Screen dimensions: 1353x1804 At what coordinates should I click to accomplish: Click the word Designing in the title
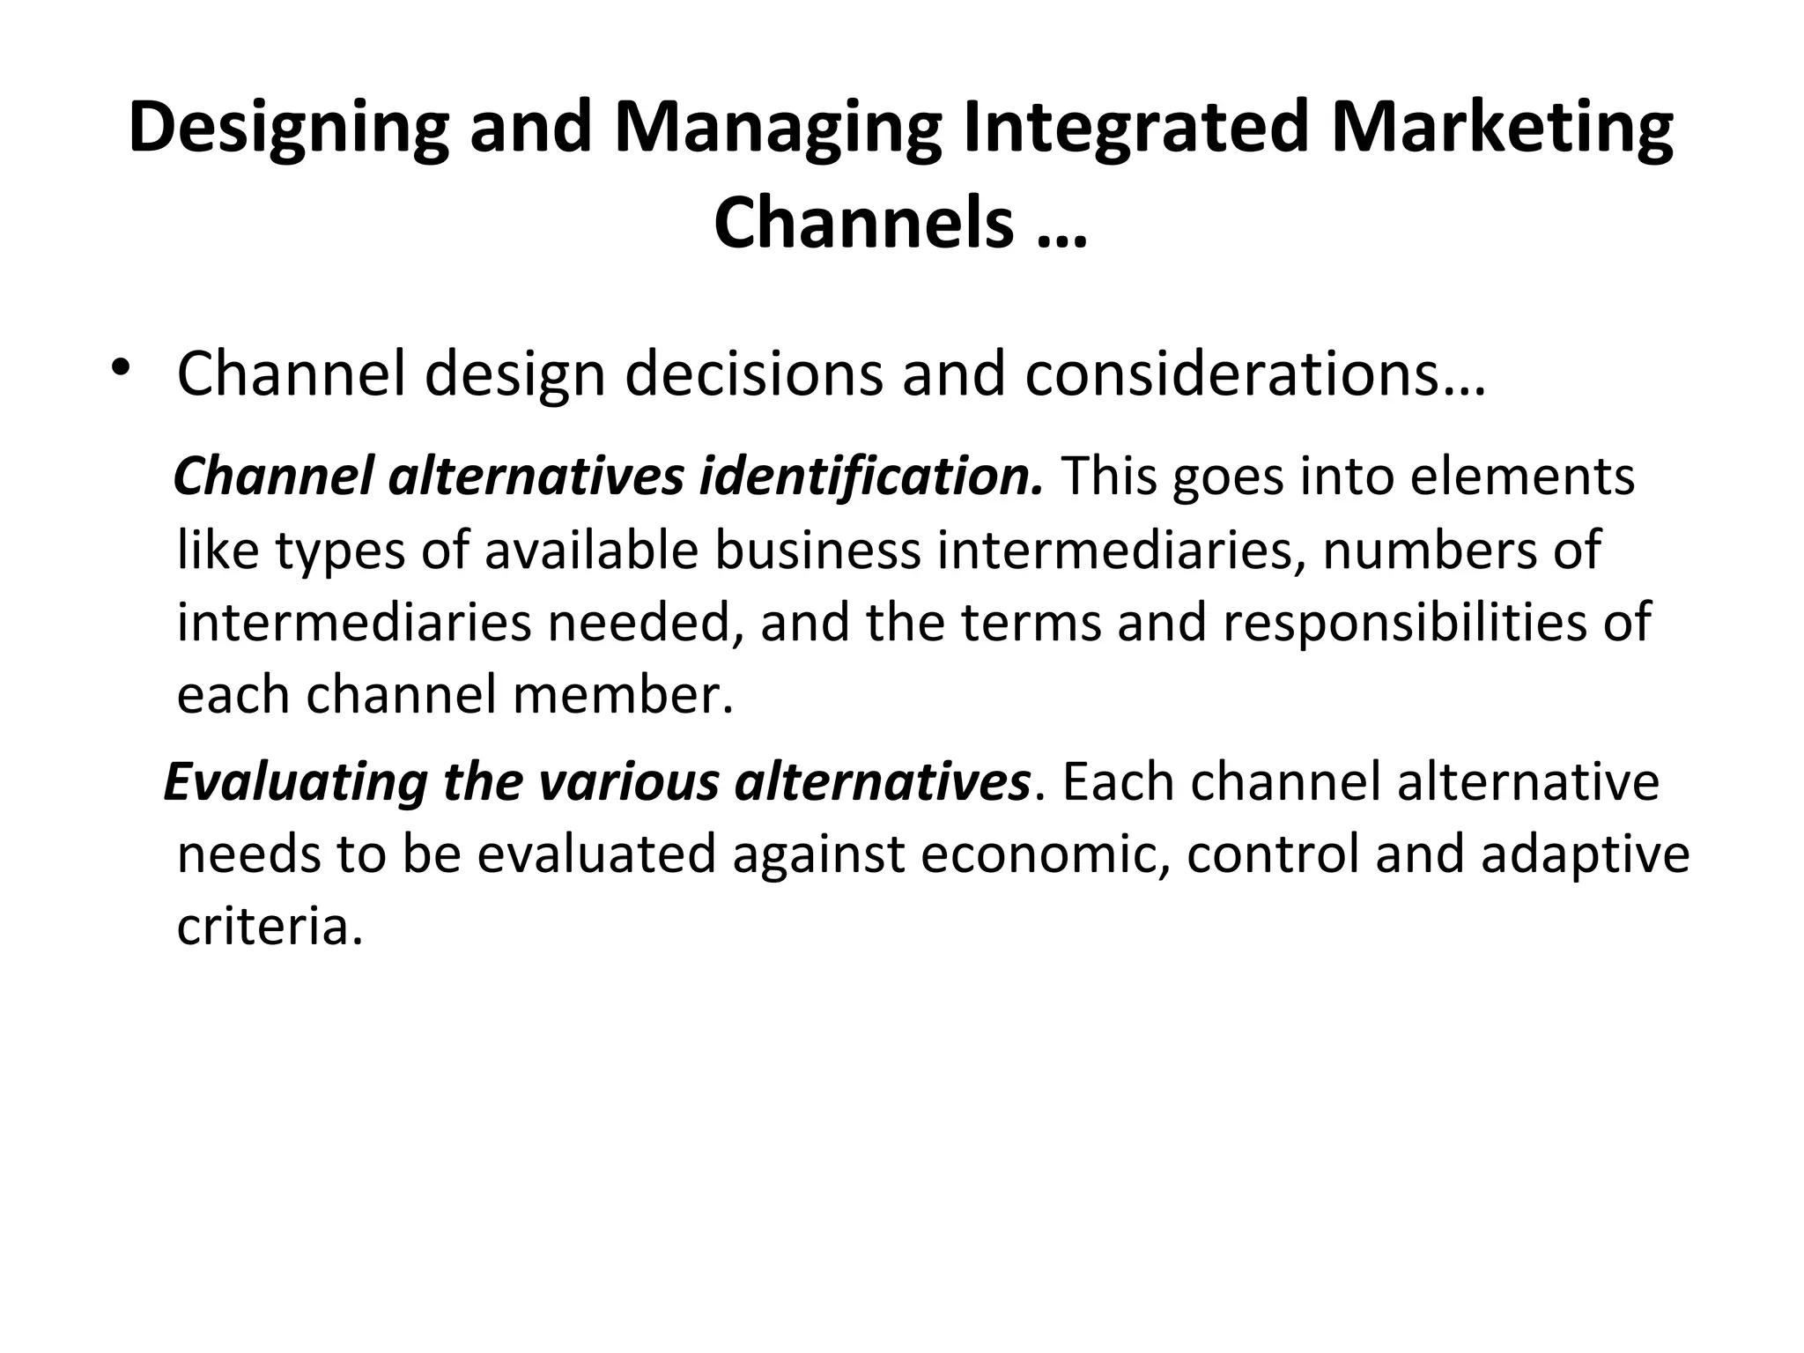coord(288,128)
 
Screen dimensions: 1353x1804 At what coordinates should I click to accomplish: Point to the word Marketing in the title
coord(1502,128)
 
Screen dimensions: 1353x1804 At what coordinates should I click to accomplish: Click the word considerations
coord(1254,373)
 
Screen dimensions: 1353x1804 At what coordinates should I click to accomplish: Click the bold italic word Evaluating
coord(296,782)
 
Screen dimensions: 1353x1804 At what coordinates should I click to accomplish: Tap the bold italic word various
coord(631,782)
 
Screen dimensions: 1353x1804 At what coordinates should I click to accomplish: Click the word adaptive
coord(1585,854)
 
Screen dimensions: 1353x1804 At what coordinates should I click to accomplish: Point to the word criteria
coord(270,927)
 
